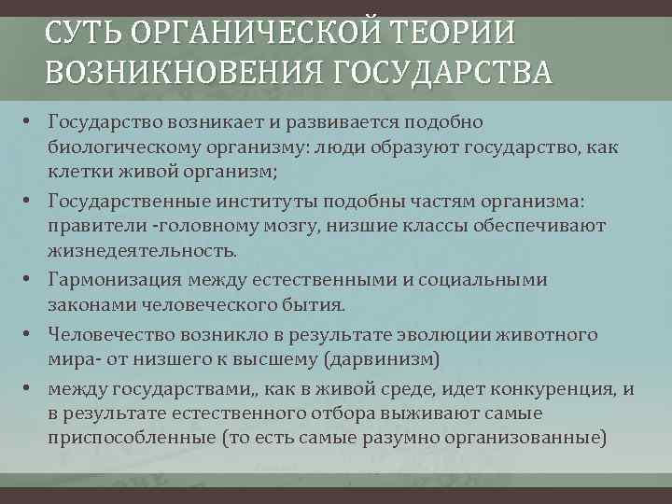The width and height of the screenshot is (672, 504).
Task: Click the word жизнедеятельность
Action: pyautogui.click(x=143, y=252)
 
